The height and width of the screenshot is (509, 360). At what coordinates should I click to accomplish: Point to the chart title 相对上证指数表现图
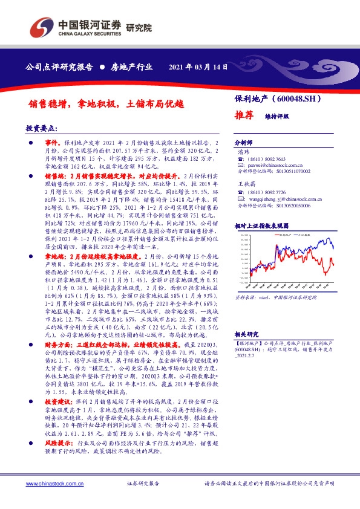[x=261, y=225]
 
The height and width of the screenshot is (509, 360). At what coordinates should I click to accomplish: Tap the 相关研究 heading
[x=246, y=334]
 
